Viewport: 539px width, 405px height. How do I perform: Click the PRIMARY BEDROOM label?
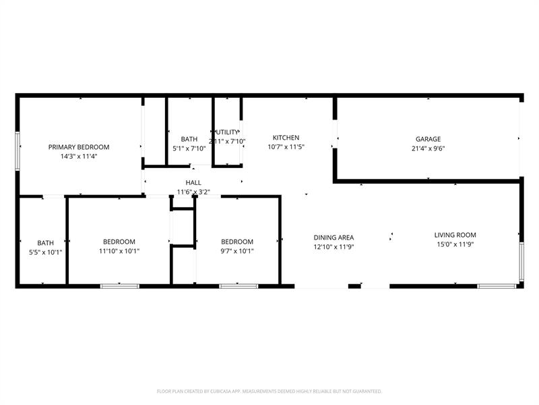click(x=79, y=147)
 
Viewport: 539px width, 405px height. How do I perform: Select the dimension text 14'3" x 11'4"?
click(x=79, y=156)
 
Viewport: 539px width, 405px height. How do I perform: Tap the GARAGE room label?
click(x=428, y=139)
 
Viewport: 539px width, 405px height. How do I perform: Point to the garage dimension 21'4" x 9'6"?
click(x=428, y=148)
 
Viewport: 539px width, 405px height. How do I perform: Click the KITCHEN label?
click(x=286, y=138)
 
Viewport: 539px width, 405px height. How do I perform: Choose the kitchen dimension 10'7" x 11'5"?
click(x=286, y=146)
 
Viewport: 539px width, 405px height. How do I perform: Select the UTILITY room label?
click(x=227, y=132)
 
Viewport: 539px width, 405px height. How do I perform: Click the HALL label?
click(x=193, y=183)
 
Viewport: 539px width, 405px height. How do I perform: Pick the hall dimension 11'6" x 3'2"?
click(x=193, y=192)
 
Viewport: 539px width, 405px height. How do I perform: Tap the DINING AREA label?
click(x=334, y=238)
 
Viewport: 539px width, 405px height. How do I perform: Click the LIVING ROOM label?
click(x=455, y=235)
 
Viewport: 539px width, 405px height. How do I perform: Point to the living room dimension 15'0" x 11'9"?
click(x=455, y=244)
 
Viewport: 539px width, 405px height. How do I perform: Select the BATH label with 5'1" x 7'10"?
click(x=189, y=139)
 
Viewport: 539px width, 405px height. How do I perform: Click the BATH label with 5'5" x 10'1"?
click(x=45, y=243)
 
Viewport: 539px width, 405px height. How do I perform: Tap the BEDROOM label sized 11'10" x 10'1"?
click(x=119, y=242)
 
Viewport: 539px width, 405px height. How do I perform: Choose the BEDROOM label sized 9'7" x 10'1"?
click(x=237, y=242)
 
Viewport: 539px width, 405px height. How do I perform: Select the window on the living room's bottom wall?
click(x=497, y=286)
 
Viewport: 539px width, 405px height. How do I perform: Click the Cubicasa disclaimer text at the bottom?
click(x=269, y=391)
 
